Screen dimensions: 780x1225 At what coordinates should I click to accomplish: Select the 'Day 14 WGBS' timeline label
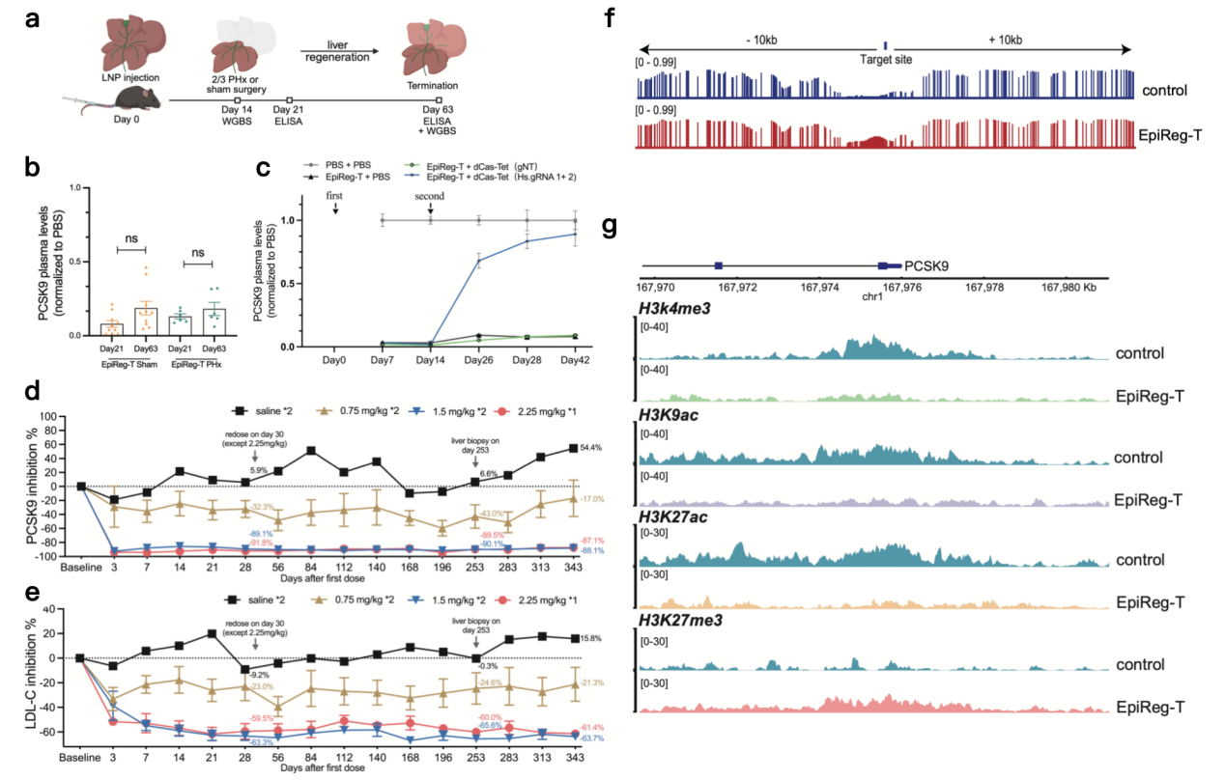(x=237, y=118)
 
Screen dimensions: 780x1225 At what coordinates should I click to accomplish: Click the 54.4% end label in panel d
(x=600, y=448)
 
